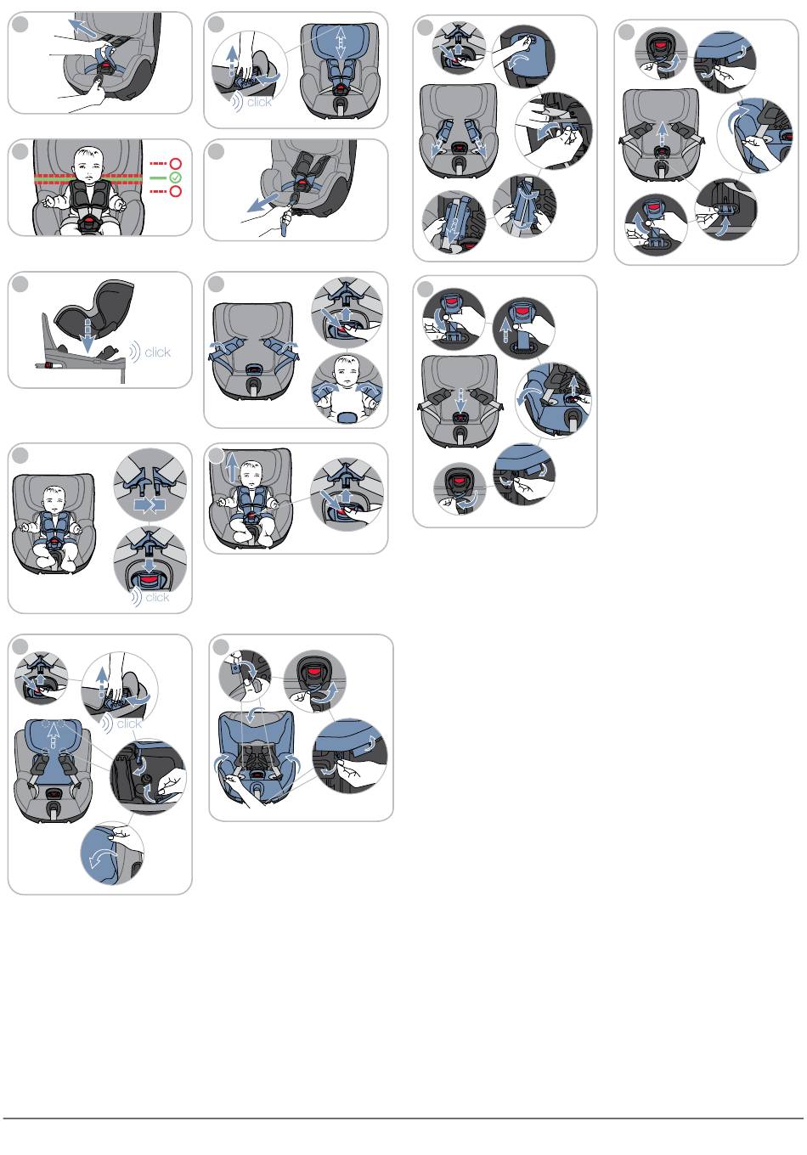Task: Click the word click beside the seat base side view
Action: (x=157, y=352)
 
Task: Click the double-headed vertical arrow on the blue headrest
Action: (x=341, y=42)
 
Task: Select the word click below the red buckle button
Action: (x=157, y=597)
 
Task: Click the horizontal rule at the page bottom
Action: (x=403, y=1118)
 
